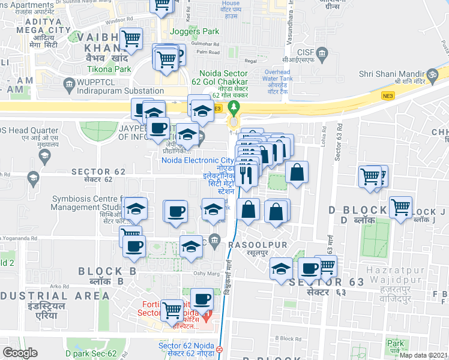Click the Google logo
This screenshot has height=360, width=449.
coord(20,352)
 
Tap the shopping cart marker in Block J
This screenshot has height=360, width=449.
coord(400,207)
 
